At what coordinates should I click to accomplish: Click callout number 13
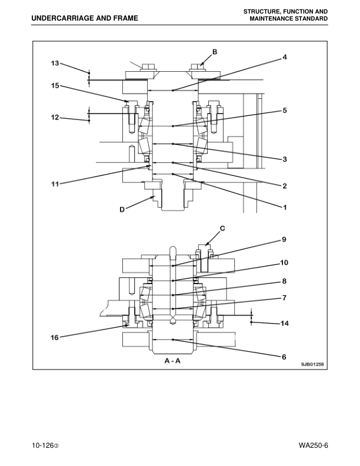click(55, 63)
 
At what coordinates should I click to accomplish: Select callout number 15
click(55, 86)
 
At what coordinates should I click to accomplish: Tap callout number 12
click(55, 118)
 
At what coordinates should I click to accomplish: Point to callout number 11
click(55, 184)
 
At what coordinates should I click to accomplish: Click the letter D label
click(122, 209)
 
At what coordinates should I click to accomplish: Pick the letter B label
click(215, 52)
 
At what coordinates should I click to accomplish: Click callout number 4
click(284, 57)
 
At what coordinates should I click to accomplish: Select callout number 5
click(284, 110)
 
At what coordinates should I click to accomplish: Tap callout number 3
click(284, 159)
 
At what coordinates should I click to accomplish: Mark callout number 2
click(284, 186)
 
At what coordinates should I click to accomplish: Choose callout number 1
click(284, 207)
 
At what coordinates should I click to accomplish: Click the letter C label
click(222, 227)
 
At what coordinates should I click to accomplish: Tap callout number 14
click(284, 324)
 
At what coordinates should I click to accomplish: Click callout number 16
click(55, 338)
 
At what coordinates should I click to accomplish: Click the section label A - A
click(172, 361)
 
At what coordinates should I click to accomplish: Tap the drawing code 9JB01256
click(312, 364)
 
